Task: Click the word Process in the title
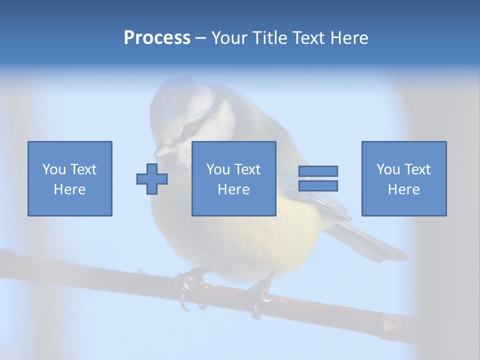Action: (157, 38)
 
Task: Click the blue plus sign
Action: (152, 179)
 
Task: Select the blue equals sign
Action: (318, 178)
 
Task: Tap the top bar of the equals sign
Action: (318, 171)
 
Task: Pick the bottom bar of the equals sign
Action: (318, 185)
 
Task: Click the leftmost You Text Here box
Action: (70, 178)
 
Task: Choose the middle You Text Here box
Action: (234, 178)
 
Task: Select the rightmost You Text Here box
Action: (404, 178)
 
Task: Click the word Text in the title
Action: (308, 38)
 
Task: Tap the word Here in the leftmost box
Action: (70, 189)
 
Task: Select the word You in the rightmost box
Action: (388, 169)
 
